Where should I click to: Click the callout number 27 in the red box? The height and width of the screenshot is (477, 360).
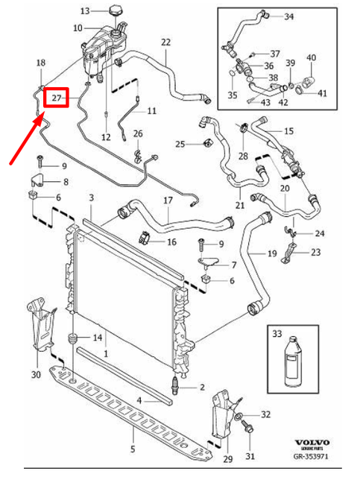(x=54, y=98)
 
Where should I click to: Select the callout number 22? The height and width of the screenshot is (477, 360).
(x=165, y=42)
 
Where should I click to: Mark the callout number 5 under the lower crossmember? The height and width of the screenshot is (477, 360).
(x=132, y=449)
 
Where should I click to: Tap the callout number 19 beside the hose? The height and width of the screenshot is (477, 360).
(x=273, y=254)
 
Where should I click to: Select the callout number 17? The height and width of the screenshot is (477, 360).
(x=168, y=200)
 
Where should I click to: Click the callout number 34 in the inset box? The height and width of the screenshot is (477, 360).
(x=289, y=16)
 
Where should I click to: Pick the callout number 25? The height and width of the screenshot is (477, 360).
(x=180, y=143)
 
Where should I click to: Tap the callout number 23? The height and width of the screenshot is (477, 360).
(x=316, y=253)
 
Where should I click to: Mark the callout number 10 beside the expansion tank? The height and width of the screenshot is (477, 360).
(x=78, y=28)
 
